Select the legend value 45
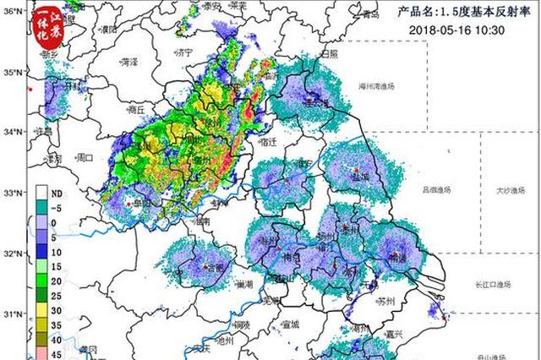click(x=55, y=353)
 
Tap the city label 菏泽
click(x=128, y=62)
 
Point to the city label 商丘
click(x=135, y=110)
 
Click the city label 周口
click(x=85, y=157)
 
